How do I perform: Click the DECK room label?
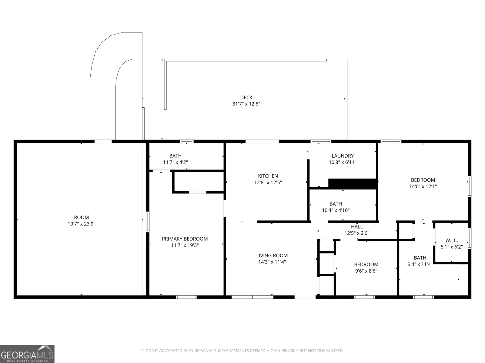[x=246, y=97]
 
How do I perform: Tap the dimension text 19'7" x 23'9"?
[x=82, y=224]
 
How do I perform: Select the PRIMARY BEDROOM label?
[x=185, y=239]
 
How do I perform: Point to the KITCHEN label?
[x=268, y=176]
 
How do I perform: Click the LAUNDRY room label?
[x=342, y=156]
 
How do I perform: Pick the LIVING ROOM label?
[x=272, y=256]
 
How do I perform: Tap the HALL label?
[x=356, y=227]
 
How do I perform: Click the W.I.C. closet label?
[x=451, y=240]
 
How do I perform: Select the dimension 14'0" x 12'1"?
[x=423, y=187]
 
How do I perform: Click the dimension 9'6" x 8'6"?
[x=366, y=271]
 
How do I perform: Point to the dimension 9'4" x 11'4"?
[x=420, y=264]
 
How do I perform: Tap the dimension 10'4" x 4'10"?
[x=336, y=210]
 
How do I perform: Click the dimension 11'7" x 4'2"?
[x=175, y=162]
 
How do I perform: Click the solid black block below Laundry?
[x=353, y=184]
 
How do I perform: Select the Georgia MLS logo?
[x=27, y=354]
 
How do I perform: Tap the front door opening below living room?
[x=305, y=297]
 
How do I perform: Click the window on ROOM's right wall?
[x=148, y=222]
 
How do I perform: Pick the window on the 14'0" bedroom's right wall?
[x=469, y=187]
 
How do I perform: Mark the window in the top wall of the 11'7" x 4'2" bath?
[x=187, y=141]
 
